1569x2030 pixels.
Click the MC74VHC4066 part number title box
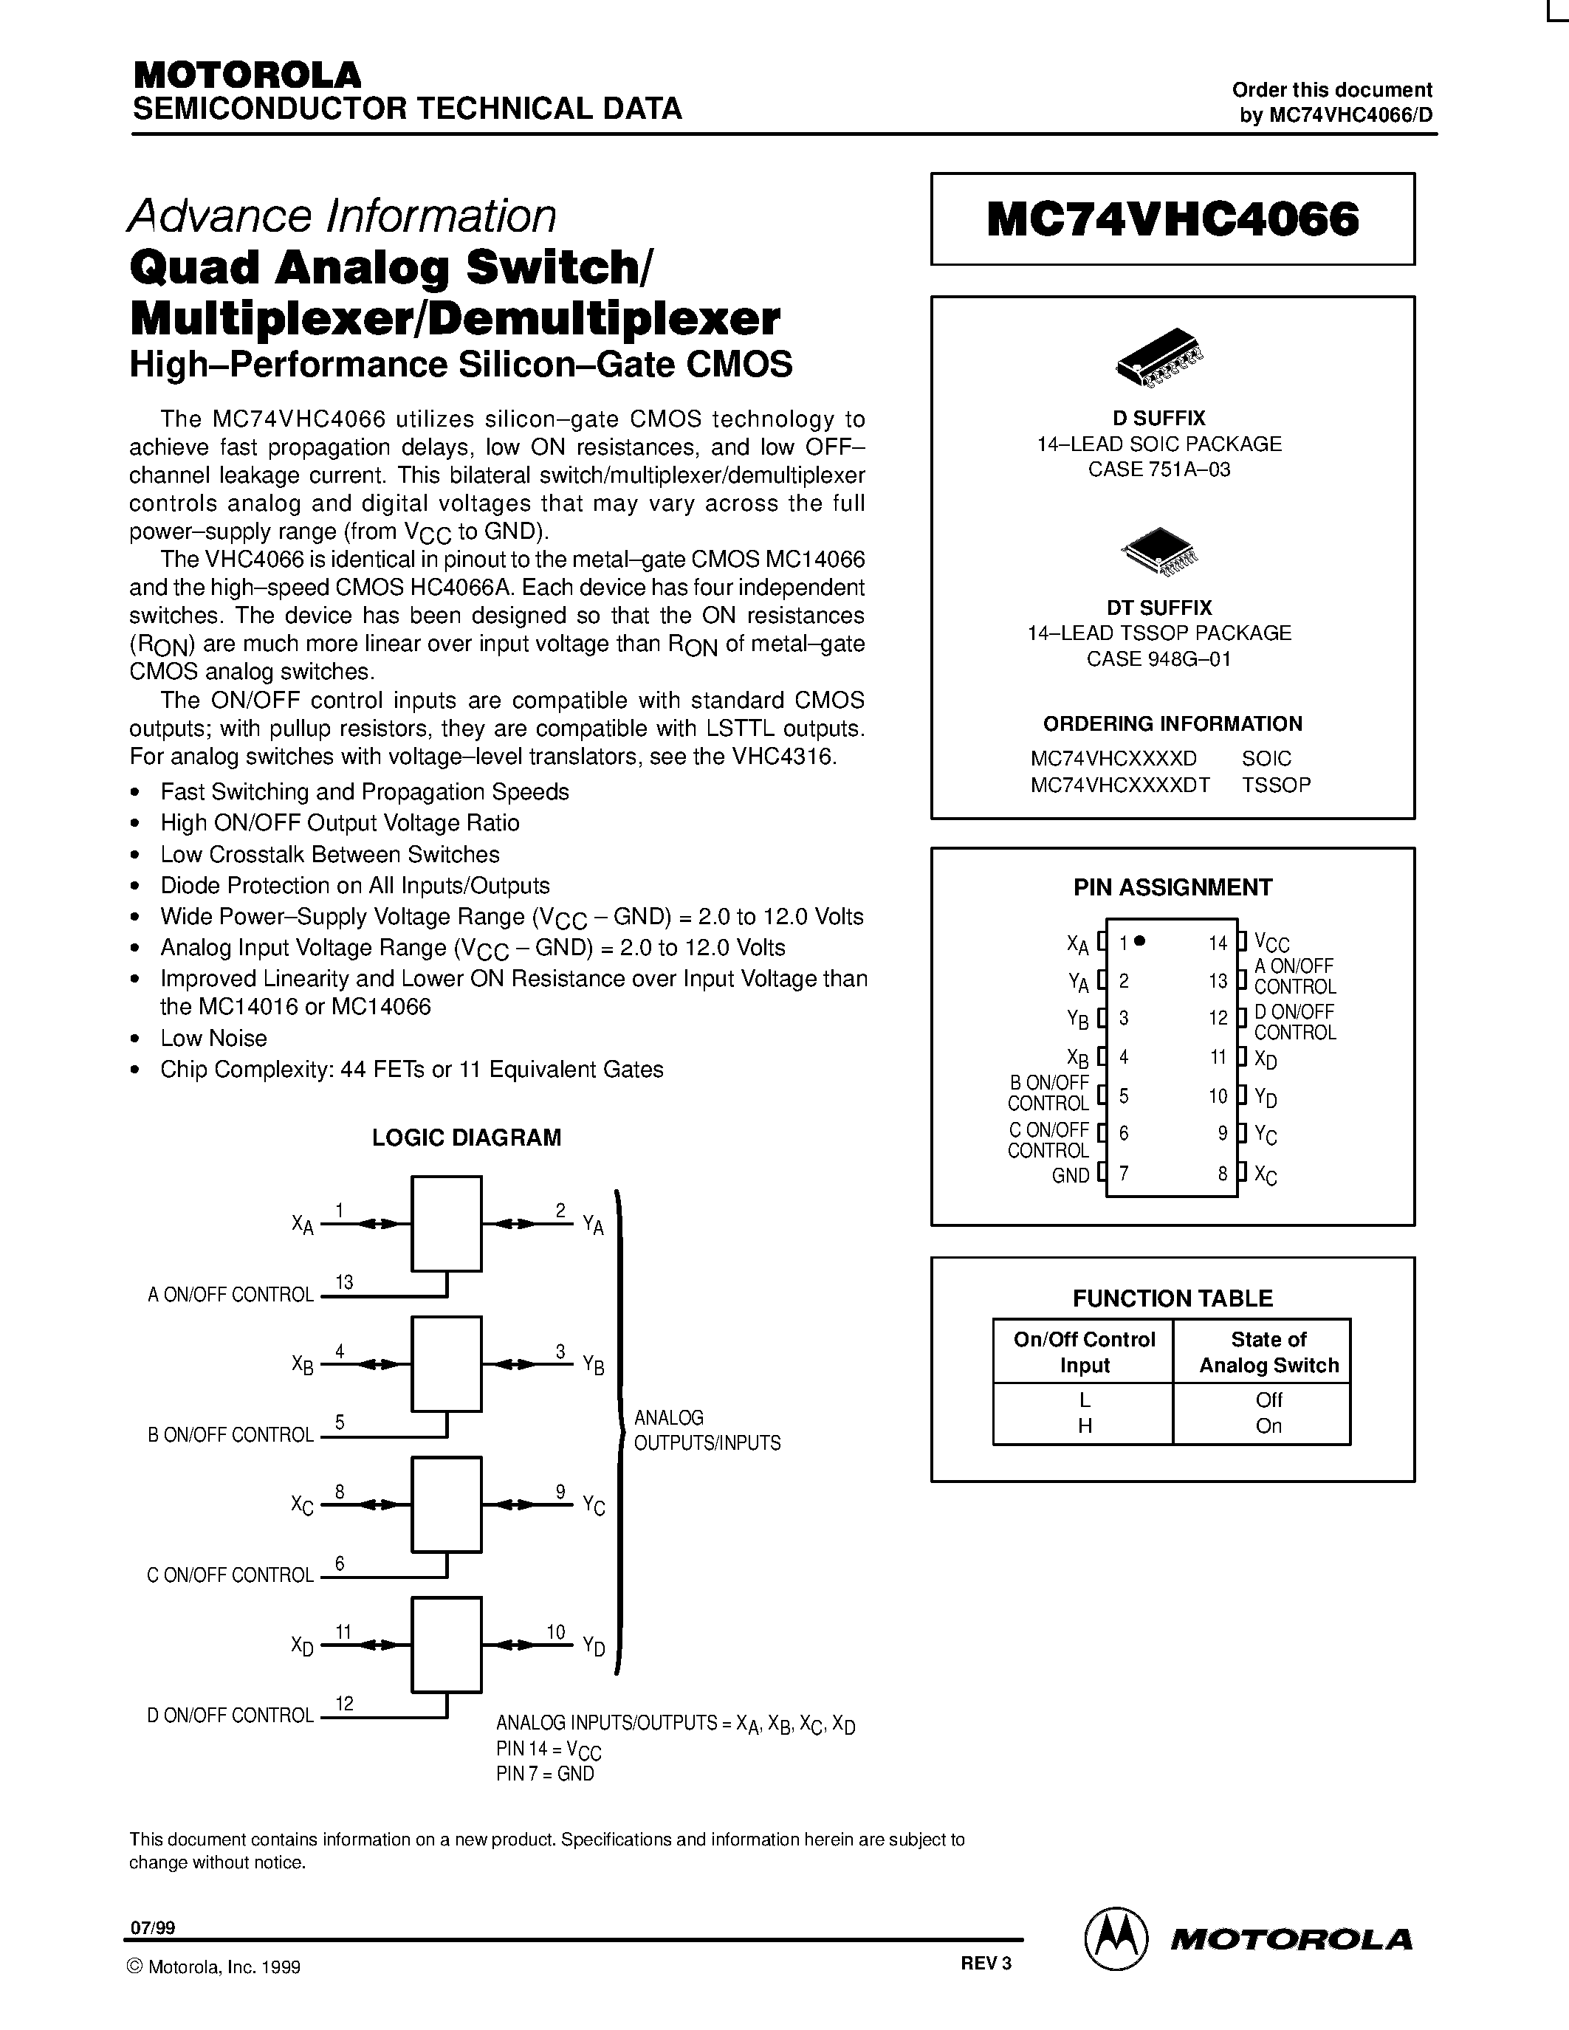coord(1172,219)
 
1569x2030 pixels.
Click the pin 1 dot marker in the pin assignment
coord(1141,940)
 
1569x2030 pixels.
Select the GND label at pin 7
coord(1070,1175)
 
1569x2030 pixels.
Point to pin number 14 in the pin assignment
coord(1218,943)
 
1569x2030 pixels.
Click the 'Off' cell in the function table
coord(1268,1399)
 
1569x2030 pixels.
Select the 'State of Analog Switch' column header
coord(1268,1352)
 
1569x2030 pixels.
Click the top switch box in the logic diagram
coord(446,1223)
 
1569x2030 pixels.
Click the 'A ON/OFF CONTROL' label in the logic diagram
coord(230,1295)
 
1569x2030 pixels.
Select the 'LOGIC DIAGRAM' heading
coord(467,1138)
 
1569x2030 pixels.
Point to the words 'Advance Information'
coord(342,216)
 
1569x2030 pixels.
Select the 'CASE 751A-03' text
coord(1159,469)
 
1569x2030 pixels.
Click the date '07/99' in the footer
coord(152,1927)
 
